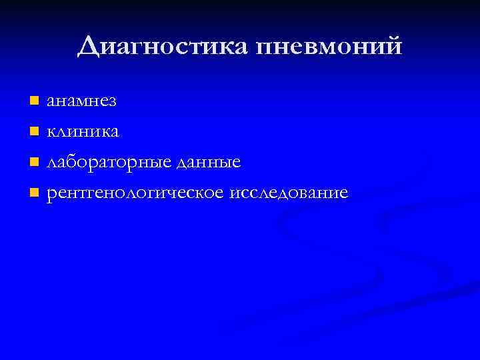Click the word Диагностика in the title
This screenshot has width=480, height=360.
(x=164, y=47)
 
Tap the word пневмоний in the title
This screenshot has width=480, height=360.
(x=329, y=47)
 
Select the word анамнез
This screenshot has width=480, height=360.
(x=81, y=101)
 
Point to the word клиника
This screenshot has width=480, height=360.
(x=83, y=132)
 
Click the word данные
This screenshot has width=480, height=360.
(x=209, y=163)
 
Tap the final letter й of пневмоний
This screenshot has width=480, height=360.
(x=394, y=45)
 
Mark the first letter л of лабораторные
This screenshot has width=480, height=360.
(x=51, y=163)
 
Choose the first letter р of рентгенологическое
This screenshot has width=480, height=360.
(x=51, y=195)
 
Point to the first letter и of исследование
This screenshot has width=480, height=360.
(x=234, y=194)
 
